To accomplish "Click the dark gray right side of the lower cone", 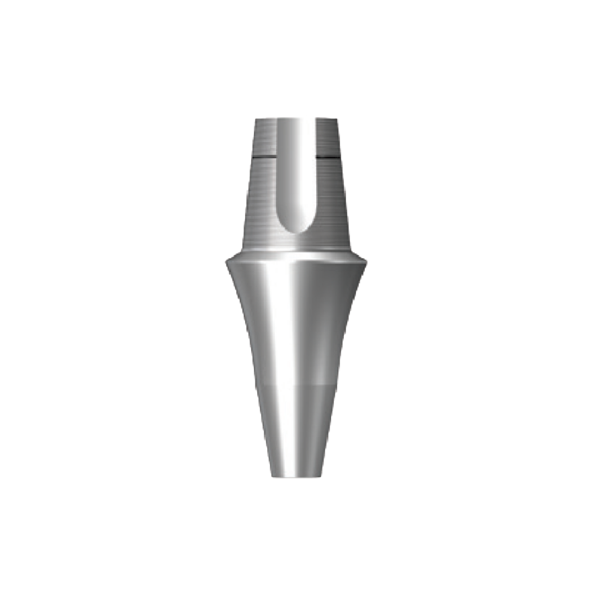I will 338,329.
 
